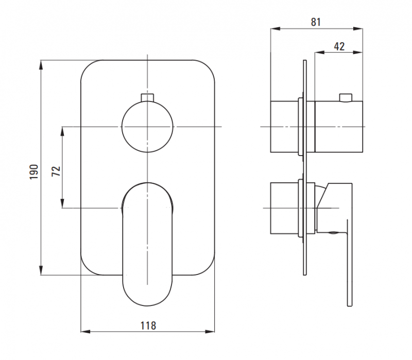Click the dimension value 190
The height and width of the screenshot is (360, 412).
(x=34, y=172)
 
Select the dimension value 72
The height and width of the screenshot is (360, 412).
(x=56, y=172)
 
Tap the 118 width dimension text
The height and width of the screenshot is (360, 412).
(x=148, y=325)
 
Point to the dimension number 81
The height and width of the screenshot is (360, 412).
(x=316, y=22)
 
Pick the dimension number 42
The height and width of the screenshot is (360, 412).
(x=339, y=46)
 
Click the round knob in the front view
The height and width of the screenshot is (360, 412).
(x=147, y=127)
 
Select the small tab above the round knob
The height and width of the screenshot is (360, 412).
(x=147, y=97)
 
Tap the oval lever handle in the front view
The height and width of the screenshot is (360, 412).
(x=147, y=245)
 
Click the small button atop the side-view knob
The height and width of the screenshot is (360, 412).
(x=346, y=97)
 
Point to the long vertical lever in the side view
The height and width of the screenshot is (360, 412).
(x=350, y=263)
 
